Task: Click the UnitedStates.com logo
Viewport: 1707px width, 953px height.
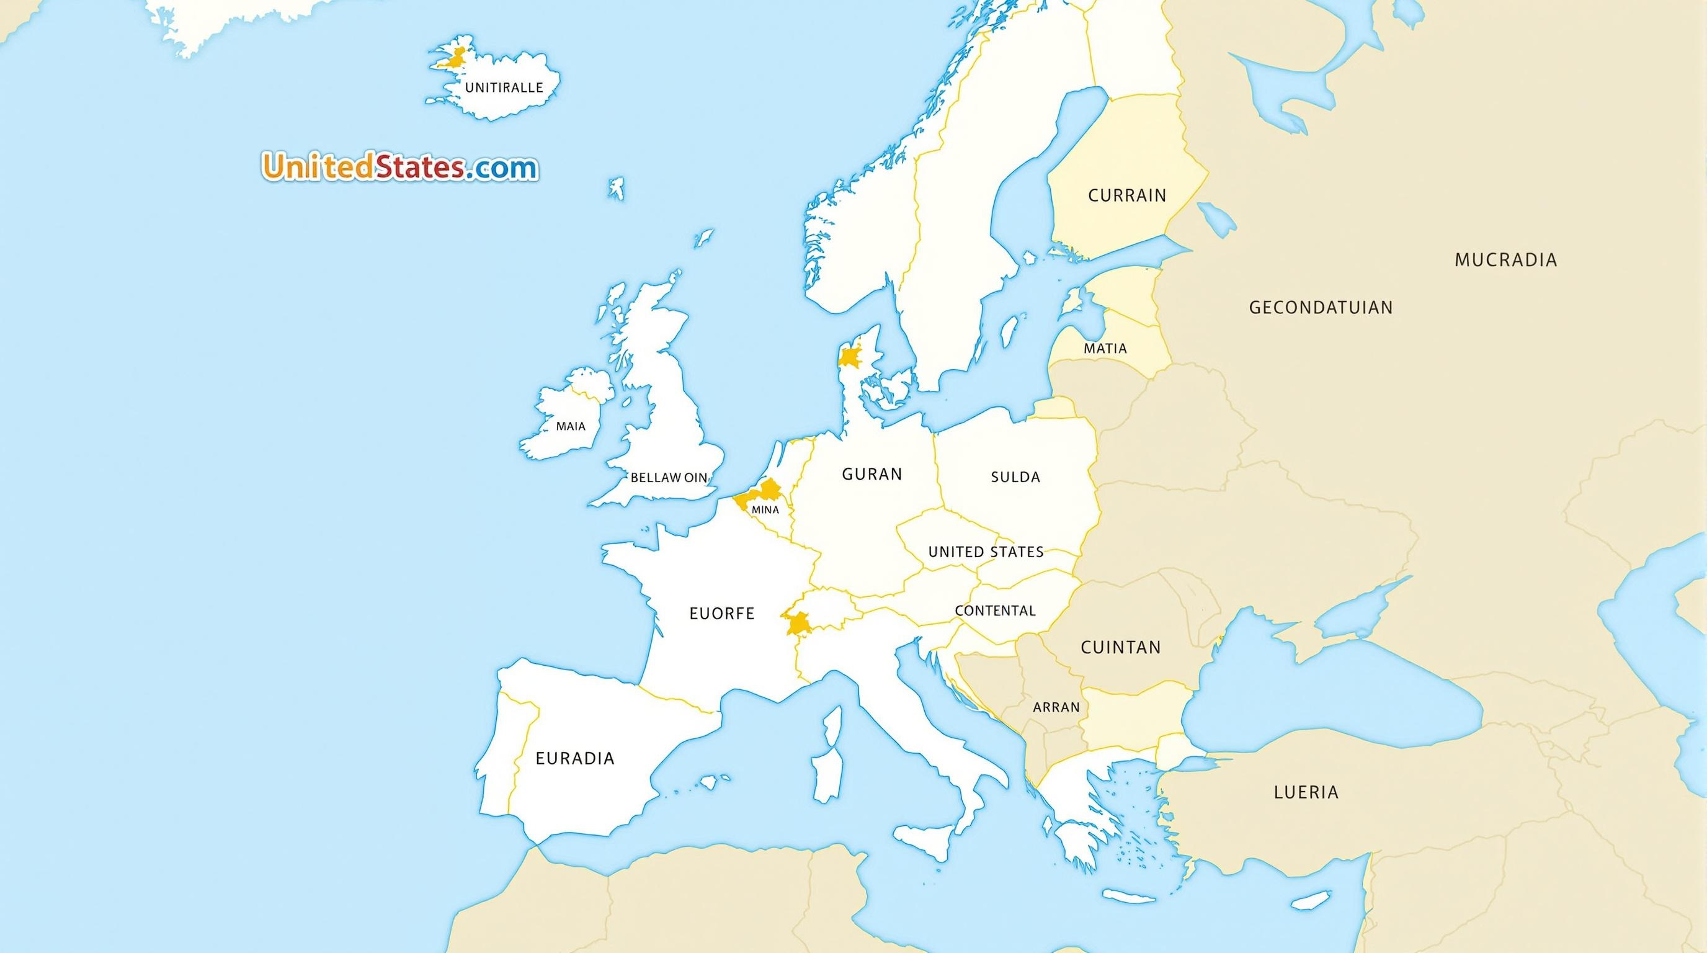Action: coord(399,167)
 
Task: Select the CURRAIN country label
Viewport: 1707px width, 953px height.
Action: coord(1127,195)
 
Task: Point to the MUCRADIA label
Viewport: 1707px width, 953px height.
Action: coord(1505,260)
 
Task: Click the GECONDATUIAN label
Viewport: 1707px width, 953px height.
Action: coord(1321,308)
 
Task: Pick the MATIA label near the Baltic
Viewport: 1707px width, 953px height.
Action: coord(1105,348)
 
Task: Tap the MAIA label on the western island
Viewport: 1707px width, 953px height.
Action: coord(571,426)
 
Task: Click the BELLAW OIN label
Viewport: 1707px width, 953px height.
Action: coord(669,477)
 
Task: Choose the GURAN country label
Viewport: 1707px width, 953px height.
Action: coord(871,474)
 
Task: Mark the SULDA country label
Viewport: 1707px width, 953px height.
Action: coord(1015,476)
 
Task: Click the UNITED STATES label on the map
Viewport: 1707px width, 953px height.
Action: coord(986,552)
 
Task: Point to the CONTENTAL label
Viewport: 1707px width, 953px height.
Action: coord(995,611)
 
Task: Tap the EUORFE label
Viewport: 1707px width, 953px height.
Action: coord(721,614)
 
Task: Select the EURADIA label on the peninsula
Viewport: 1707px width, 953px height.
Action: coord(574,758)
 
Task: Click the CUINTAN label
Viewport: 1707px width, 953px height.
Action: coord(1121,647)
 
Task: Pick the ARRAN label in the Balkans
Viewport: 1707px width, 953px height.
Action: coord(1056,707)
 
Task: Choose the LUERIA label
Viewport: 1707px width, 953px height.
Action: coord(1306,791)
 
